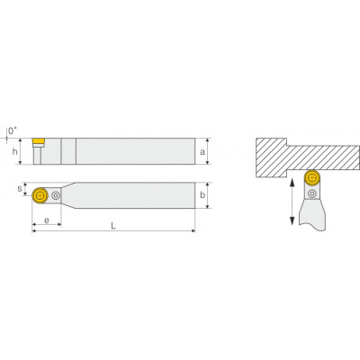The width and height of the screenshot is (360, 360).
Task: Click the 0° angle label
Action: pyautogui.click(x=13, y=130)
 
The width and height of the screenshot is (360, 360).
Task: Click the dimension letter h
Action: pyautogui.click(x=14, y=151)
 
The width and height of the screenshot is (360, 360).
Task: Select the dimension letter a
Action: pyautogui.click(x=202, y=152)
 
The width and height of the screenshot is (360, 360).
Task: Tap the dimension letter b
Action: pyautogui.click(x=202, y=195)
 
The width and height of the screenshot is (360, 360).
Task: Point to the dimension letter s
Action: pyautogui.click(x=20, y=189)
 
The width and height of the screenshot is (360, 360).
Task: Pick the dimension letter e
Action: pyautogui.click(x=47, y=220)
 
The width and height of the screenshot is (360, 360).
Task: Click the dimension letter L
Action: pyautogui.click(x=113, y=226)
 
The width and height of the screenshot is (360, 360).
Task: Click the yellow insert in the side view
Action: pyautogui.click(x=38, y=141)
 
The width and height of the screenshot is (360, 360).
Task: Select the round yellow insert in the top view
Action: pyautogui.click(x=40, y=195)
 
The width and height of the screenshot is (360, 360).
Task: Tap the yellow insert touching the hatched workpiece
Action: pyautogui.click(x=312, y=177)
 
